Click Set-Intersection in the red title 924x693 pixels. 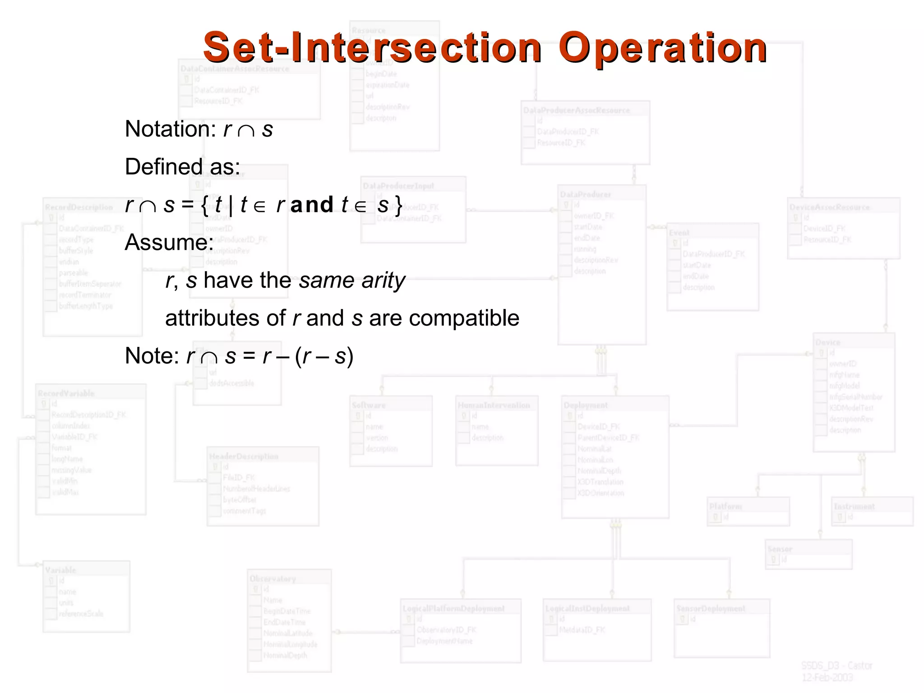(x=372, y=48)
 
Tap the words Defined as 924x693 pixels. (x=182, y=167)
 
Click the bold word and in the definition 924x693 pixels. (x=312, y=205)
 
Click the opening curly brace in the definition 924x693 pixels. (x=205, y=205)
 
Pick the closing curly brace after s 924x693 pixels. (x=398, y=205)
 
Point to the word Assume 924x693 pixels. (x=169, y=243)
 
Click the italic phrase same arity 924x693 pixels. (x=352, y=281)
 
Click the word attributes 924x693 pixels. (x=225, y=318)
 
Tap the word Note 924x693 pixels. (x=152, y=356)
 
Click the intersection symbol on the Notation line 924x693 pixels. (x=246, y=131)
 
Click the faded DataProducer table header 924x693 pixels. (x=585, y=194)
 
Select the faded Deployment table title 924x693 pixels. (x=586, y=405)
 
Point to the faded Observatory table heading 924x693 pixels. (x=273, y=578)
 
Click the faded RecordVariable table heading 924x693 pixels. (x=66, y=393)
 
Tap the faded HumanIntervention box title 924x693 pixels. (x=494, y=405)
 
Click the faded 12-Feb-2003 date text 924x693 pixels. (x=827, y=678)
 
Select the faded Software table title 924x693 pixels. (x=369, y=405)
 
